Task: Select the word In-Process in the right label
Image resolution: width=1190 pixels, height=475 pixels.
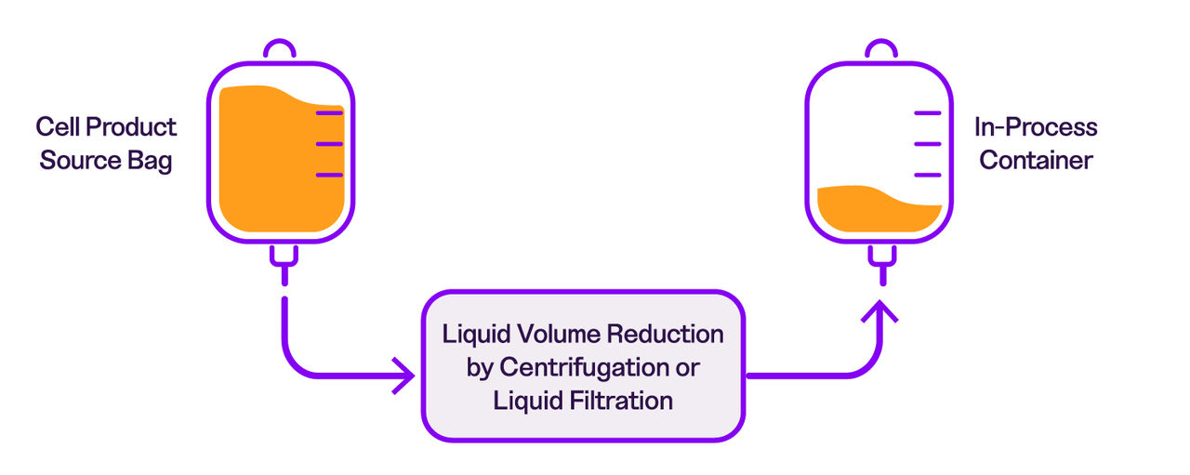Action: point(1036,127)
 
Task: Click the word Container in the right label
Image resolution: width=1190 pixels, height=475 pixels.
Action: point(1036,161)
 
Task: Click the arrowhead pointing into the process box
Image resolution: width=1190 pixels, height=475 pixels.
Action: point(404,376)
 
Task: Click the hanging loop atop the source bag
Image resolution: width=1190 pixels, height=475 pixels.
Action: point(280,49)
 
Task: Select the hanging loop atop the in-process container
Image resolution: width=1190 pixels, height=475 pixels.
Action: point(879,49)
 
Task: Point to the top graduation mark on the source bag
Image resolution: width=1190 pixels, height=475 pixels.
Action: point(329,113)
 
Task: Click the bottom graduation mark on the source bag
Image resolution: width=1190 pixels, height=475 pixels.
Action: point(329,175)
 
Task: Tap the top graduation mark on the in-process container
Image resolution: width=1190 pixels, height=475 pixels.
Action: point(928,113)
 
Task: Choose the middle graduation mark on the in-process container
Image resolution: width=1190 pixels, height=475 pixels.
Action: point(928,144)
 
